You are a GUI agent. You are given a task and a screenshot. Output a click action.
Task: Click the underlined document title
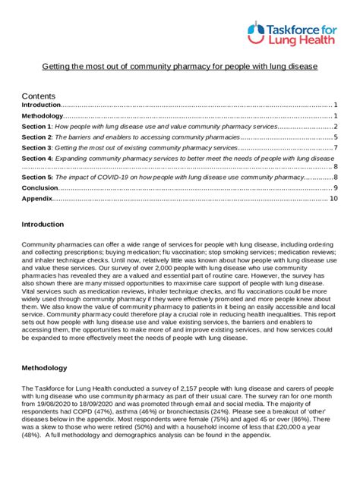click(x=179, y=67)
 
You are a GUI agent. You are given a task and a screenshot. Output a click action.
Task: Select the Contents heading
click(x=39, y=96)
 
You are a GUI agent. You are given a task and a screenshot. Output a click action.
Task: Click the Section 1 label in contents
click(x=37, y=126)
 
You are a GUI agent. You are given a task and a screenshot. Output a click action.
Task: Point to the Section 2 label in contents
click(x=37, y=137)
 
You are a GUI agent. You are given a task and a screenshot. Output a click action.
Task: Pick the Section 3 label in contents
click(x=37, y=148)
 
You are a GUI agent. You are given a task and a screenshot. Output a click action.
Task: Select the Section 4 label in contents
click(x=37, y=159)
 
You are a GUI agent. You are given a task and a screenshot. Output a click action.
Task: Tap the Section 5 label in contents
click(x=37, y=177)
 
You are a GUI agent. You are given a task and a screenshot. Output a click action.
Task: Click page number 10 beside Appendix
click(x=333, y=198)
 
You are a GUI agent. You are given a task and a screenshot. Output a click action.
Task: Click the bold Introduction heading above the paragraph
click(x=43, y=225)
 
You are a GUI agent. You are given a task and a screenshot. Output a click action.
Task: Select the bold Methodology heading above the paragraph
click(x=44, y=368)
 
